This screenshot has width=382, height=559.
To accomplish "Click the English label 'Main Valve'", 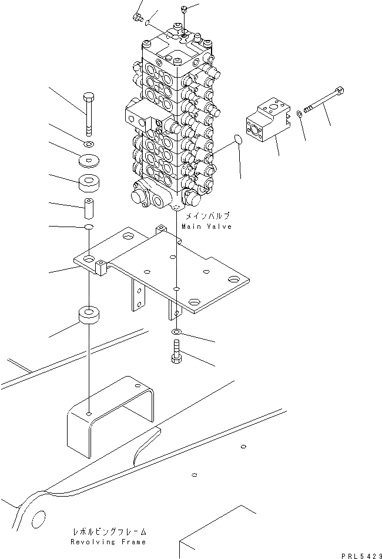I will [206, 227].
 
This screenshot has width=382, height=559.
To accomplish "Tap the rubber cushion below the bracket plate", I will [89, 315].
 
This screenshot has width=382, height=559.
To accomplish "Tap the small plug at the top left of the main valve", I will [139, 17].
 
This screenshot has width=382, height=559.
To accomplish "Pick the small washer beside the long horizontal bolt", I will [300, 114].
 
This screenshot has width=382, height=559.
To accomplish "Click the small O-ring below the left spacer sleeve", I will [88, 227].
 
